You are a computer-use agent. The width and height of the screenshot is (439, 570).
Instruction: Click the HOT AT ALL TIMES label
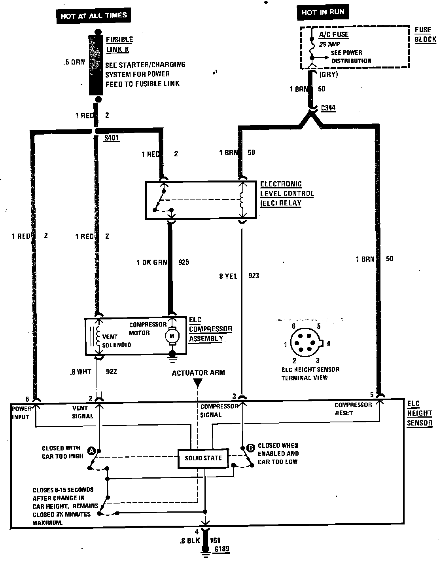(x=94, y=16)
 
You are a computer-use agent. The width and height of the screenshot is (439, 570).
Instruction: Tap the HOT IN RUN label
(x=323, y=12)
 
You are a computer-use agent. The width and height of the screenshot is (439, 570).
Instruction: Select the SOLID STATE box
(x=203, y=458)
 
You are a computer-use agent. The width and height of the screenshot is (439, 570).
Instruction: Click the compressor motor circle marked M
(x=172, y=336)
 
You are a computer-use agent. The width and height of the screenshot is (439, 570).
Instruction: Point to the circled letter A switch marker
(x=91, y=451)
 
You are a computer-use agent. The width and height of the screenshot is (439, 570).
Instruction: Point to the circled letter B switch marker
(x=250, y=448)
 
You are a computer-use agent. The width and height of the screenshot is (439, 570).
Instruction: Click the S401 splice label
(x=112, y=139)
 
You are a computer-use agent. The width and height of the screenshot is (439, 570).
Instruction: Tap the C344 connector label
(x=329, y=108)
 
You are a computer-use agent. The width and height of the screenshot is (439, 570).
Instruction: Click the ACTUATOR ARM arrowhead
(x=198, y=383)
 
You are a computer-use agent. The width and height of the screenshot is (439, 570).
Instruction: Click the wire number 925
(x=184, y=262)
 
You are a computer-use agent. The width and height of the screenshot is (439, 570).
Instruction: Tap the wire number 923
(x=254, y=275)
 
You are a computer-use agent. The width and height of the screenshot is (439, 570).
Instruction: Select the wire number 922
(x=112, y=372)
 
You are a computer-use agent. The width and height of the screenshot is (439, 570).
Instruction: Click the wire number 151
(x=216, y=540)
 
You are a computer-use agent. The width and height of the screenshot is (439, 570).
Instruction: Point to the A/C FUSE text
(x=334, y=34)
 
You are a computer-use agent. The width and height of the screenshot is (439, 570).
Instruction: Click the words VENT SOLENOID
(x=116, y=341)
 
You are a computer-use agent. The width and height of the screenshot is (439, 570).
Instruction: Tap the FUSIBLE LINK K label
(x=119, y=45)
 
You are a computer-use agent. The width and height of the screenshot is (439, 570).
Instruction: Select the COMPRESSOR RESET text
(x=353, y=409)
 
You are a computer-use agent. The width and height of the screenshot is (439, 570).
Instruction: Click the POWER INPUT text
(x=21, y=412)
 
